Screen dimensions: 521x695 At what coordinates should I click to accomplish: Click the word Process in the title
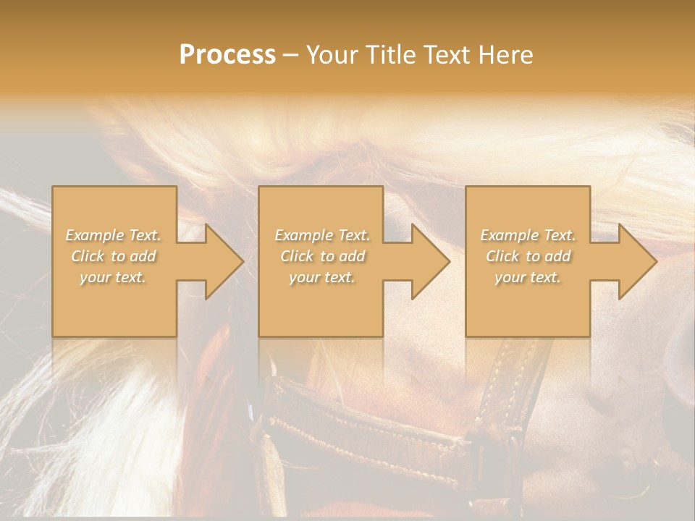click(x=227, y=55)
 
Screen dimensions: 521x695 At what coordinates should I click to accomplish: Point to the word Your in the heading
click(x=334, y=55)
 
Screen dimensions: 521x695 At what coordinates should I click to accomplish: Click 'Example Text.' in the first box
click(x=113, y=235)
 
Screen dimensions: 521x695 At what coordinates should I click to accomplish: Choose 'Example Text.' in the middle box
click(x=322, y=235)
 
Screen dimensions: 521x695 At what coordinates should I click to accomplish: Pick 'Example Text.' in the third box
click(x=528, y=235)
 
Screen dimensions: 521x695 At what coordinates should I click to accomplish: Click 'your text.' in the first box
click(x=113, y=277)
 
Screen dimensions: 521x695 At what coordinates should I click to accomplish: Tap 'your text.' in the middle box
click(x=322, y=277)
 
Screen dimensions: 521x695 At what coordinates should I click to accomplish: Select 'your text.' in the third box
click(x=528, y=277)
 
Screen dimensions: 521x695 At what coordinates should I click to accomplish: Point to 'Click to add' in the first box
click(x=113, y=256)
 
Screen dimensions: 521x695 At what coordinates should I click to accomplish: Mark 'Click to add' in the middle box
click(x=322, y=256)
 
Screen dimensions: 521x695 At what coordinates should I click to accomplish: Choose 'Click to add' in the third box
click(x=528, y=256)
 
